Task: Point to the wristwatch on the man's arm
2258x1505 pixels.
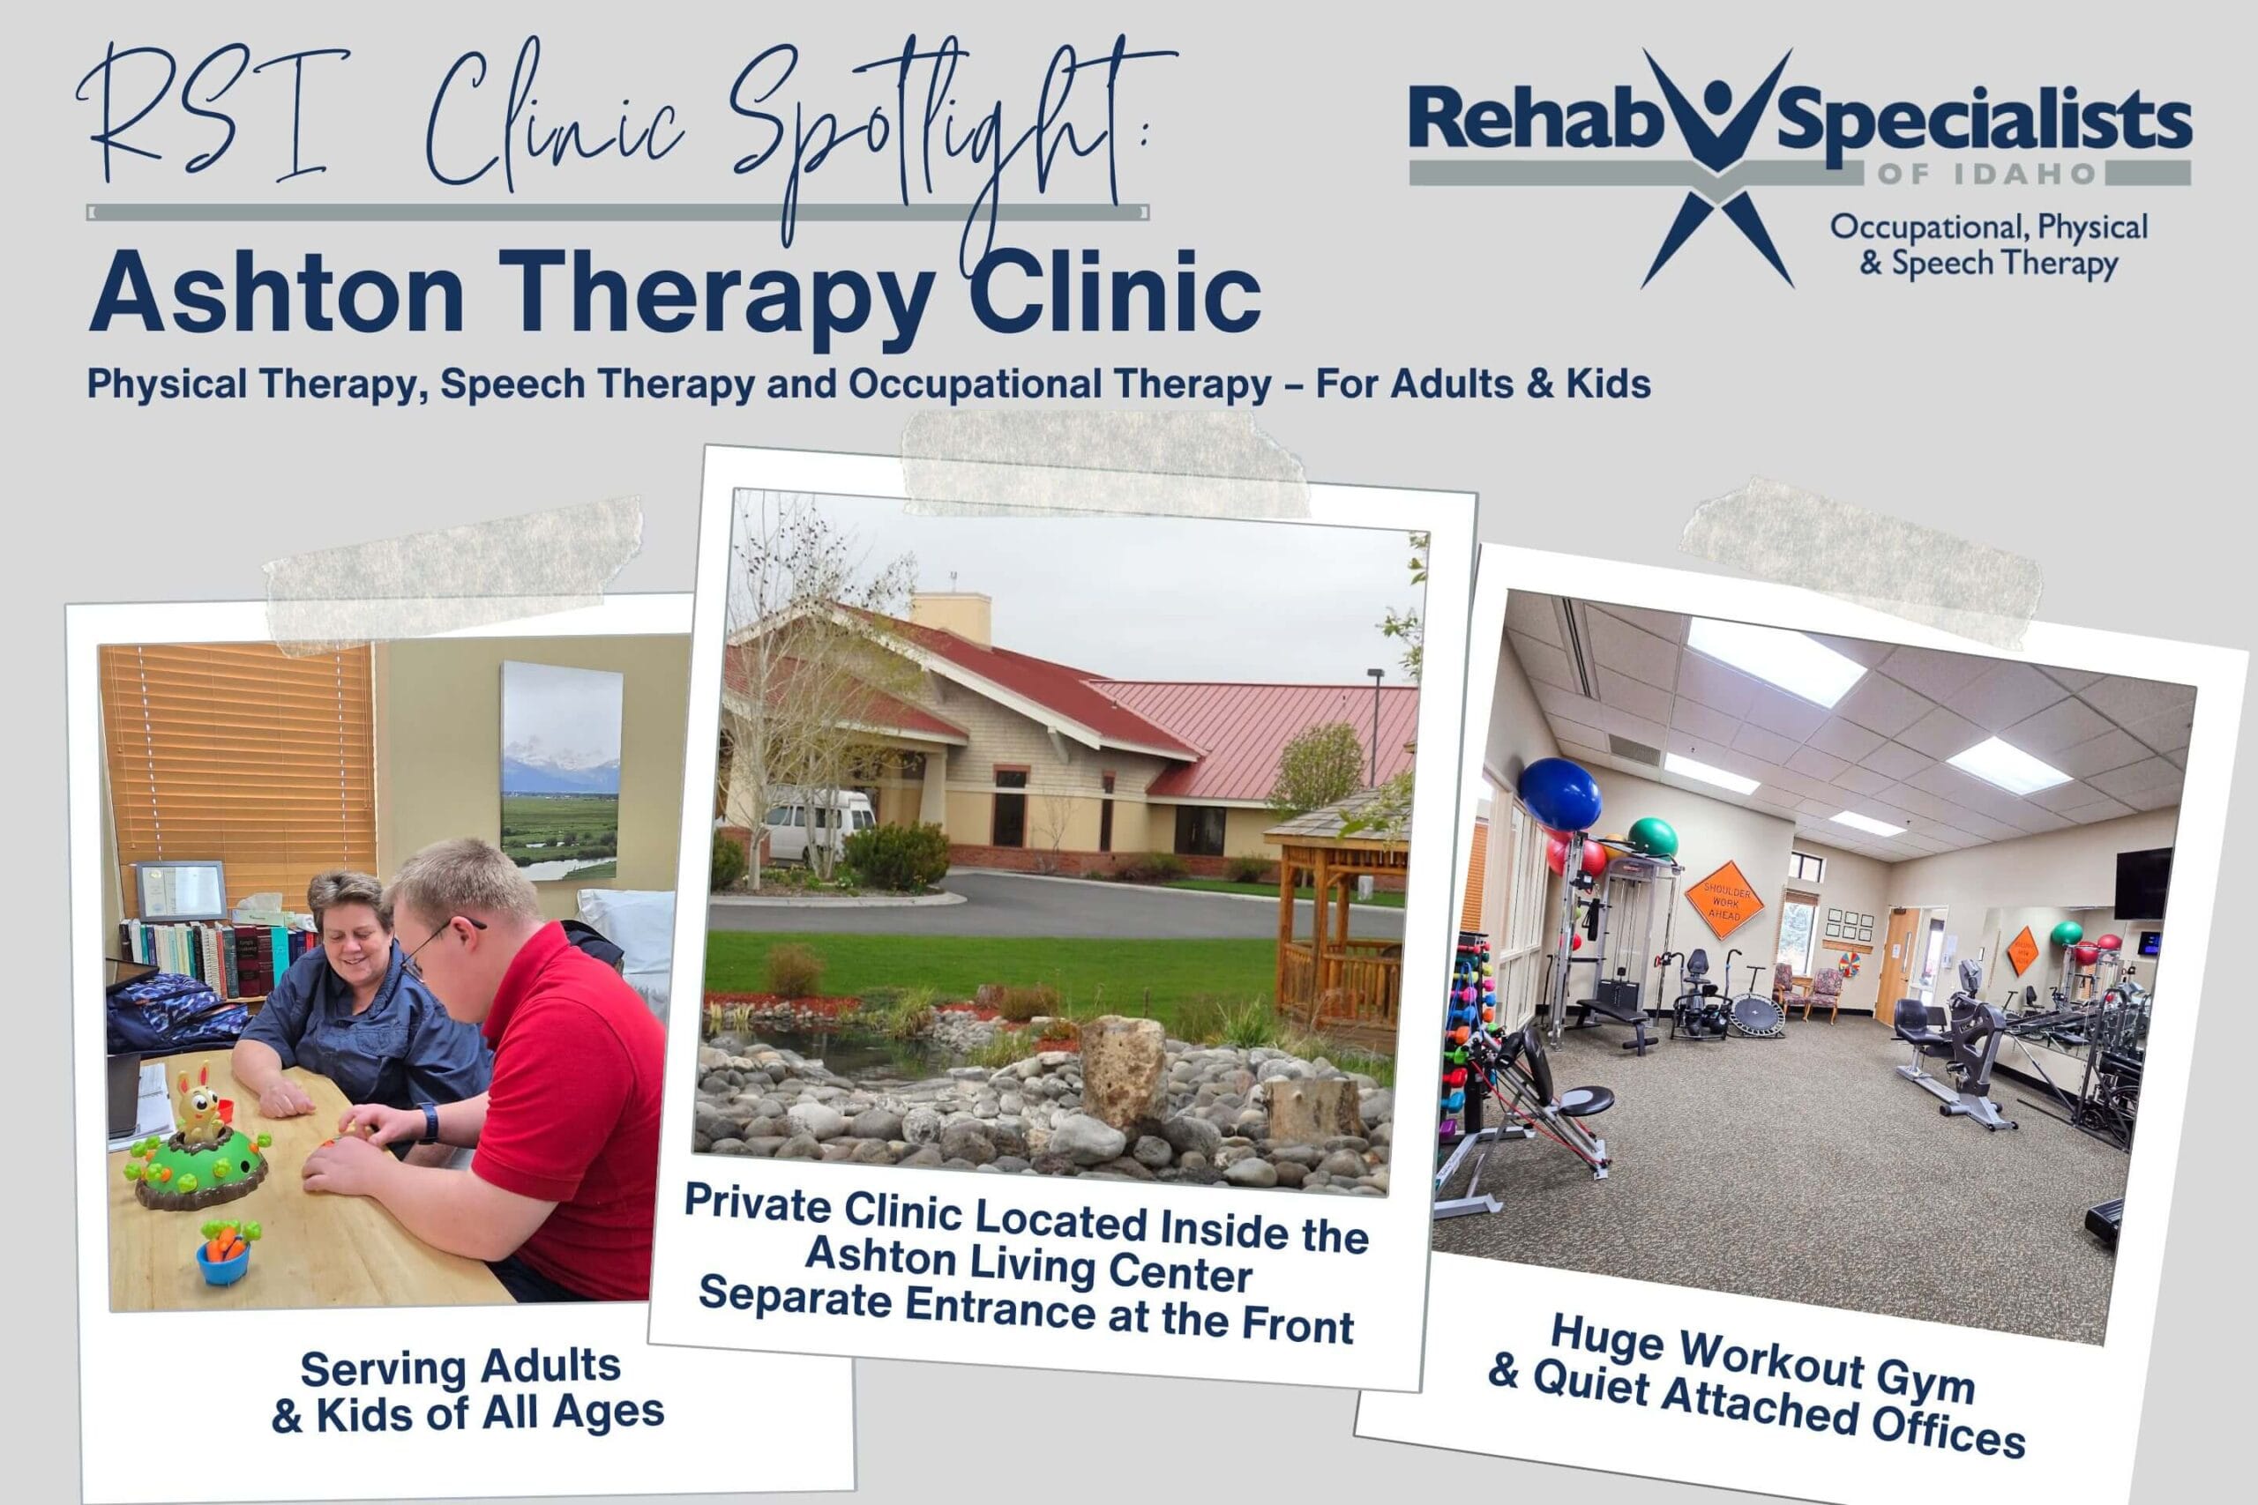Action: coord(428,1122)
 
